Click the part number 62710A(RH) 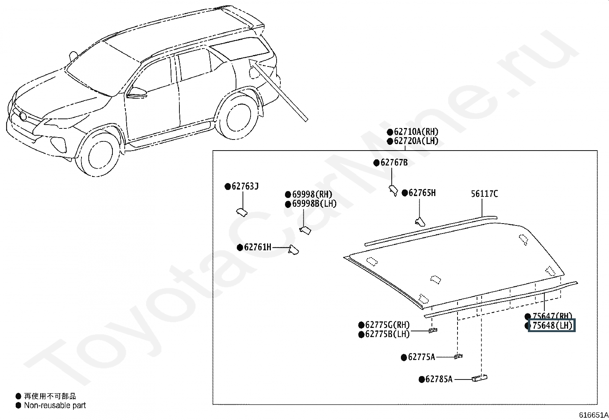pos(416,132)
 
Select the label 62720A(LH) pos(416,141)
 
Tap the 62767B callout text pos(394,162)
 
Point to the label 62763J pos(245,186)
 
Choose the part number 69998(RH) pos(312,195)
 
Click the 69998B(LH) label pos(314,204)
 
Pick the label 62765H pos(422,193)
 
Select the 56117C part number pos(484,194)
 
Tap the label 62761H pos(257,247)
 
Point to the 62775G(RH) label pos(388,325)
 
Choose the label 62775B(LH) pos(388,334)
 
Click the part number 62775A pos(422,357)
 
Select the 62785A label pos(439,379)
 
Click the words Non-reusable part pos(55,405)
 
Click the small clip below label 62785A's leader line pos(480,378)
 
